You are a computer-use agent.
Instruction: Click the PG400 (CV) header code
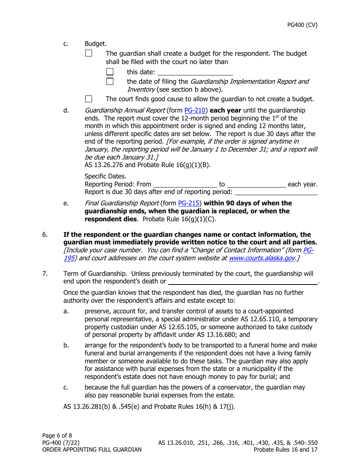302,25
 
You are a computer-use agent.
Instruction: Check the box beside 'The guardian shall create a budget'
89,53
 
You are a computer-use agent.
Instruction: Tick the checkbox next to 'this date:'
110,72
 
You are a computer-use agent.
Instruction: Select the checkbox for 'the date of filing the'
110,81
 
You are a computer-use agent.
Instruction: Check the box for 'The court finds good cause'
89,99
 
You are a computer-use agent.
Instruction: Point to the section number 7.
45,274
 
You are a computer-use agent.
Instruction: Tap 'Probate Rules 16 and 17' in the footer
285,450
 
